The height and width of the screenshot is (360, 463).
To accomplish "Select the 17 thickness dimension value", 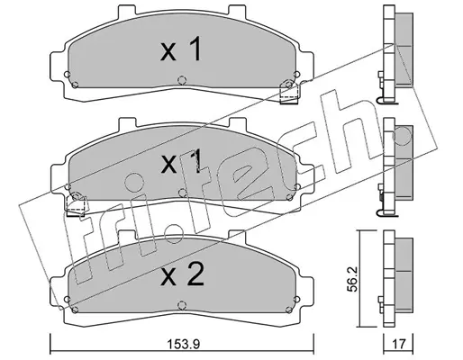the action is (x=399, y=344).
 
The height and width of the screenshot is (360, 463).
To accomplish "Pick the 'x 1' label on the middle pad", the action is (x=181, y=162).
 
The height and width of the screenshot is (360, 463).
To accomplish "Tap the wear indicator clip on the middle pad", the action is (x=76, y=204).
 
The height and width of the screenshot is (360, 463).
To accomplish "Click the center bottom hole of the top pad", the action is (x=181, y=80).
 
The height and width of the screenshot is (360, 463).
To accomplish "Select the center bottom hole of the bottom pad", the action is (x=181, y=305).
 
